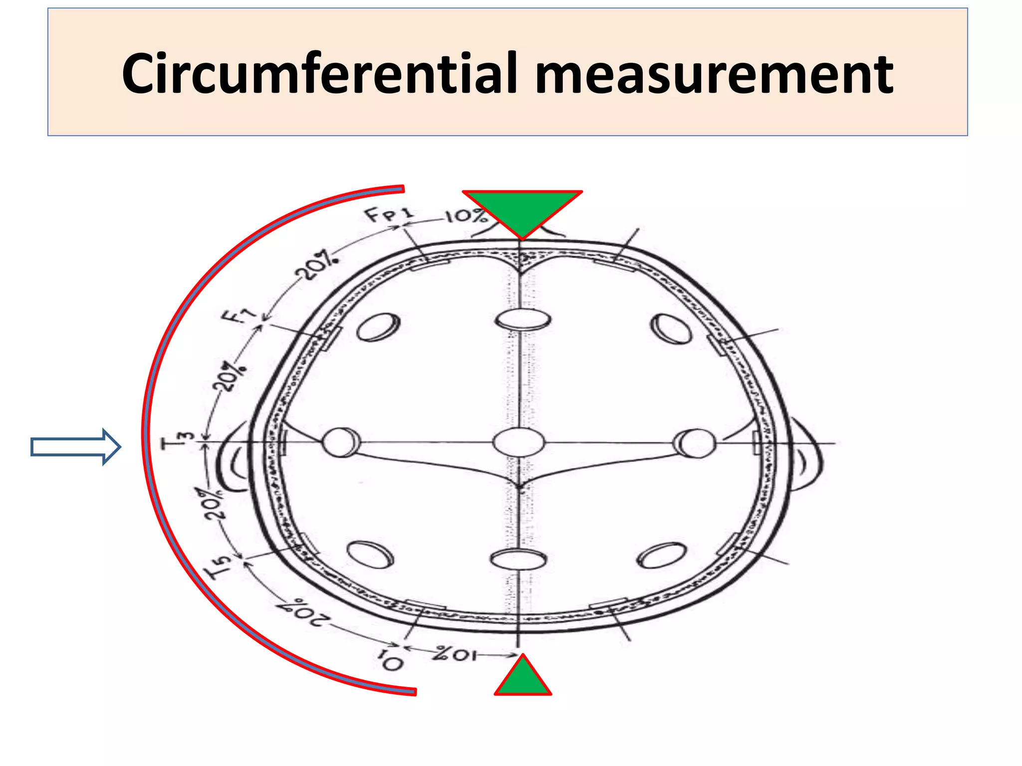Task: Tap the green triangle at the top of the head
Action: pyautogui.click(x=522, y=211)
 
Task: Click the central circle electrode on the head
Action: pyautogui.click(x=518, y=442)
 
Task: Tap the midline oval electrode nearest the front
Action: pyautogui.click(x=522, y=319)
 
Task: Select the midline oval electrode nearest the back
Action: pyautogui.click(x=518, y=559)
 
